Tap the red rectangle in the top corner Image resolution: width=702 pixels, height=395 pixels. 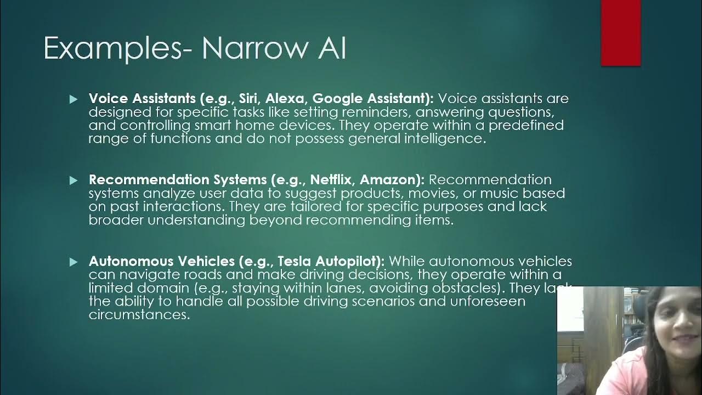(621, 33)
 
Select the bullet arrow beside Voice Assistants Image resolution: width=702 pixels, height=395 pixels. (74, 99)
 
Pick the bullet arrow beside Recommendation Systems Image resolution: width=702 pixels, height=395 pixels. (74, 180)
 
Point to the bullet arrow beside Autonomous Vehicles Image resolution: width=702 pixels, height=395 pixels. (74, 262)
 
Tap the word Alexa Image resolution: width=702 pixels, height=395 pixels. (286, 99)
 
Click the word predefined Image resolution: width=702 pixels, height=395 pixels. (526, 126)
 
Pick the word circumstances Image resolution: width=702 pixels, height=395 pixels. (139, 315)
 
